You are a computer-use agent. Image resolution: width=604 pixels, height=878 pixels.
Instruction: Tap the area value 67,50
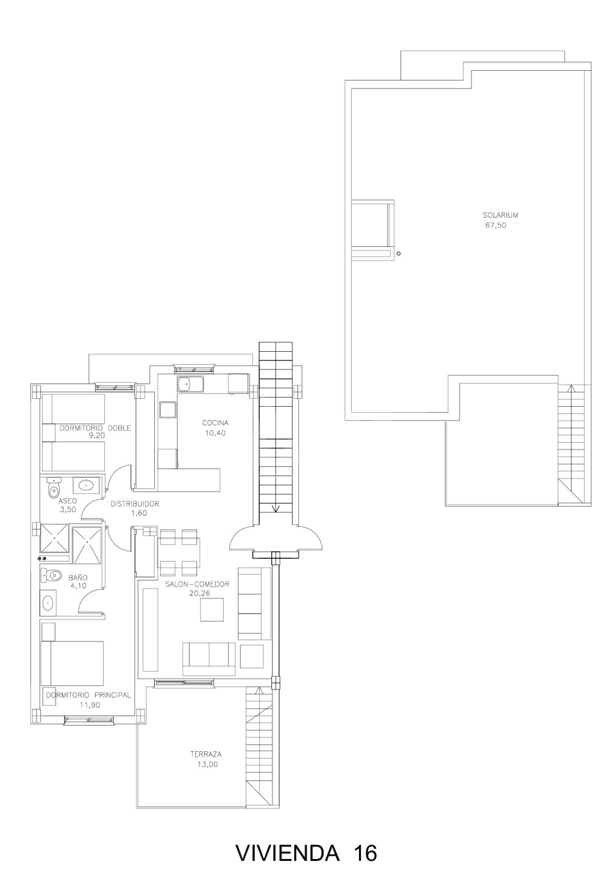496,226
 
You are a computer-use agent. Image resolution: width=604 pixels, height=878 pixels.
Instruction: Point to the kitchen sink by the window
190,385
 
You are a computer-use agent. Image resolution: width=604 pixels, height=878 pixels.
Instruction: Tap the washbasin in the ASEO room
86,485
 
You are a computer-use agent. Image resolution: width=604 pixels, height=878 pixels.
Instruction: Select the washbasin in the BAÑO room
48,602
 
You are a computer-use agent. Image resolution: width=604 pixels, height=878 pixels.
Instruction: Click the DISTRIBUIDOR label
134,504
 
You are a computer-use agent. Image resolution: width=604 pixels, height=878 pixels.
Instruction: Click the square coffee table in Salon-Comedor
212,610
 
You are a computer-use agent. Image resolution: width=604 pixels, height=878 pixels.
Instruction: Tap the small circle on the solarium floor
399,254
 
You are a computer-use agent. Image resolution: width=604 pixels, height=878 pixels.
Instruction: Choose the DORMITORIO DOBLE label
95,428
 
